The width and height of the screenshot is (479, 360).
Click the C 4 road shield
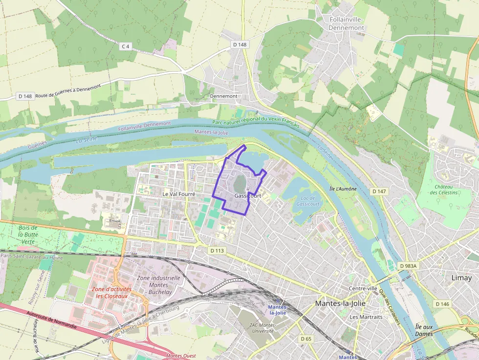point(126,46)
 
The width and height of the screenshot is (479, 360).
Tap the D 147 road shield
point(379,191)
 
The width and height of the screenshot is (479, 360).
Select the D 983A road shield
point(407,266)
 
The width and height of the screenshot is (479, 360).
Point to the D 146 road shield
point(442,304)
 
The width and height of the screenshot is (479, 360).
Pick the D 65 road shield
point(306,339)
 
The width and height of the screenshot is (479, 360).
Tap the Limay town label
point(461,277)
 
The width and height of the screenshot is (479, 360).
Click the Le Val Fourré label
point(178,194)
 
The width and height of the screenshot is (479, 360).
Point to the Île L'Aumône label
point(343,189)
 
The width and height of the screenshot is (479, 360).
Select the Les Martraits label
point(366,317)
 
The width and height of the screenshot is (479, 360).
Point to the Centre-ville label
point(363,288)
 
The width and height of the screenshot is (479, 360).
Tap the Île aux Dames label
point(424,330)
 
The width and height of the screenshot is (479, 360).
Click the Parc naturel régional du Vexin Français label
point(256,121)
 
